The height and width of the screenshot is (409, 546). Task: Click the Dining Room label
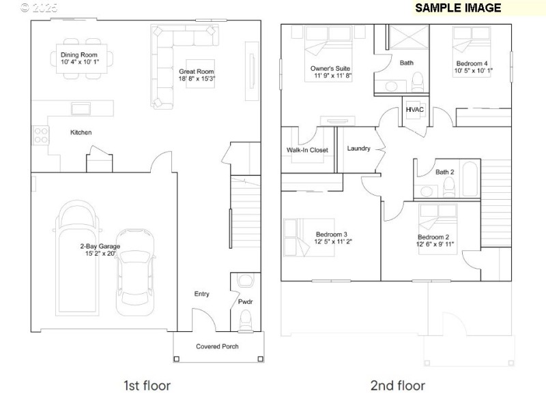79,55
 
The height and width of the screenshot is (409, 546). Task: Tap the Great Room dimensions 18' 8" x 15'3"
197,79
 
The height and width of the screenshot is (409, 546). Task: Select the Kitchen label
81,132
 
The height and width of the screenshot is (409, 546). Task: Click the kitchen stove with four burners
40,135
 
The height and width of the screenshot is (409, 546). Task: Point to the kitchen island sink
82,109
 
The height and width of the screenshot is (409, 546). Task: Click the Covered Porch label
217,346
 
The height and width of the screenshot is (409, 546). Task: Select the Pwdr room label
245,301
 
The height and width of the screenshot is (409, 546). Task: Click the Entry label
201,294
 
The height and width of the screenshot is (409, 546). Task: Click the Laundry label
358,149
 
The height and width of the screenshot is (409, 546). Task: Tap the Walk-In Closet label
307,150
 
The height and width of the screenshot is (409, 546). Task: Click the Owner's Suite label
330,68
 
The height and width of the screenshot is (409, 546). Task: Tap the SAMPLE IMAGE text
458,8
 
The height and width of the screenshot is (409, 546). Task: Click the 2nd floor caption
397,386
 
